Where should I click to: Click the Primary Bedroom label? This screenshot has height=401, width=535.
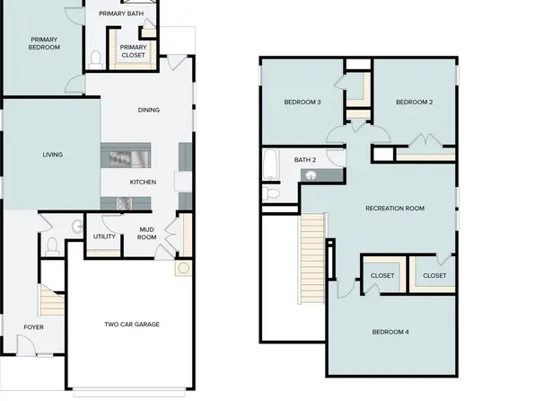pyautogui.click(x=45, y=43)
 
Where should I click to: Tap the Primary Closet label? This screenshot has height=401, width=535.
pyautogui.click(x=133, y=51)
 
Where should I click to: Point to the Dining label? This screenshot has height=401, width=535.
pyautogui.click(x=149, y=111)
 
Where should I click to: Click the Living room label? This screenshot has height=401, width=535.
pyautogui.click(x=53, y=155)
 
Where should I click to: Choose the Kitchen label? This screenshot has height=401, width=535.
pyautogui.click(x=144, y=183)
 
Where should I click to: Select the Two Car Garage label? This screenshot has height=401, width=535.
pyautogui.click(x=132, y=325)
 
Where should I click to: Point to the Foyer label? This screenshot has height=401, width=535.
pyautogui.click(x=33, y=327)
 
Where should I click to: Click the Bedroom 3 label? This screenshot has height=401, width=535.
pyautogui.click(x=303, y=102)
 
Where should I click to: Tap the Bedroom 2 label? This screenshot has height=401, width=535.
pyautogui.click(x=415, y=102)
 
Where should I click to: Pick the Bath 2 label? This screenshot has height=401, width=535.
pyautogui.click(x=305, y=160)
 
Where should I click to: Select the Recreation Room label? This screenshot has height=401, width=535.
pyautogui.click(x=395, y=209)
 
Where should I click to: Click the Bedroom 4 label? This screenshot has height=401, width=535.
pyautogui.click(x=390, y=332)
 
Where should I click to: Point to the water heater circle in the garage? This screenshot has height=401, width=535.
pyautogui.click(x=184, y=269)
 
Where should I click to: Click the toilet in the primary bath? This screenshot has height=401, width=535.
pyautogui.click(x=95, y=59)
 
